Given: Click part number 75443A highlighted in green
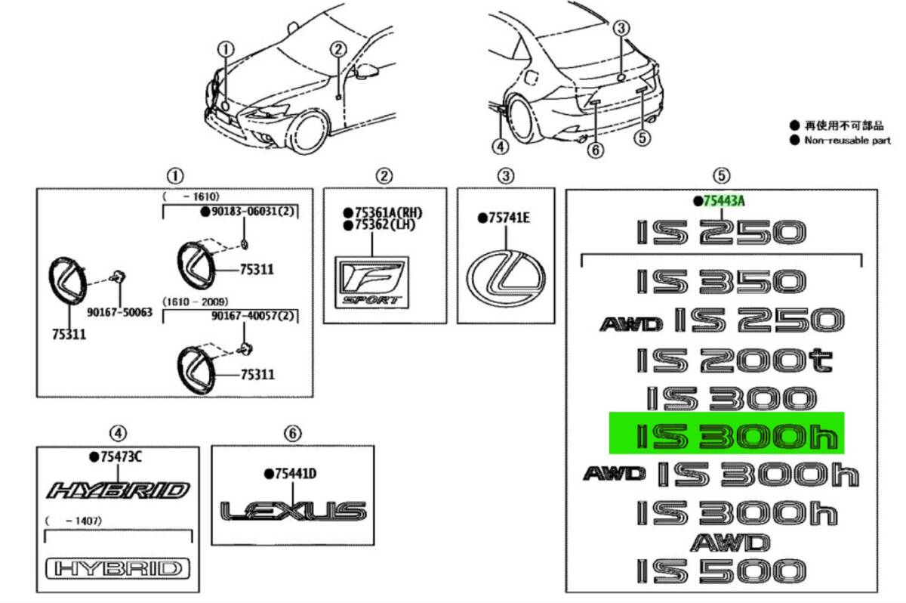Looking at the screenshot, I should click(x=724, y=200).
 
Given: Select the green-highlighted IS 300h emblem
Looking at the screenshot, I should click(x=726, y=436).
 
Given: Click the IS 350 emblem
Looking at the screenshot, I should click(x=721, y=283).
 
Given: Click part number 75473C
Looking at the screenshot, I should click(x=120, y=456).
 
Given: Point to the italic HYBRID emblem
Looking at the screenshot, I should click(x=118, y=490).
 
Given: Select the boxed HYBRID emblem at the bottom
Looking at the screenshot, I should click(x=118, y=568).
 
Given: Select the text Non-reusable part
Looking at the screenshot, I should click(x=846, y=141).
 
